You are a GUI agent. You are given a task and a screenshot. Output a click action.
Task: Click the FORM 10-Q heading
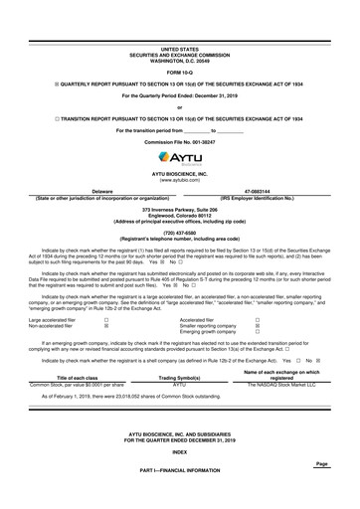point(179,72)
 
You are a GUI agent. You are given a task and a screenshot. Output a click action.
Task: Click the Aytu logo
point(179,158)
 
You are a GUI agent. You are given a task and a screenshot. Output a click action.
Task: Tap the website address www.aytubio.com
point(179,180)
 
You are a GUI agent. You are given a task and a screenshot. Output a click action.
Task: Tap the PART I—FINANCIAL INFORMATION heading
point(179,496)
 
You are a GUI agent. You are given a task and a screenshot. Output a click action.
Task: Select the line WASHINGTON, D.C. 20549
point(179,57)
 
